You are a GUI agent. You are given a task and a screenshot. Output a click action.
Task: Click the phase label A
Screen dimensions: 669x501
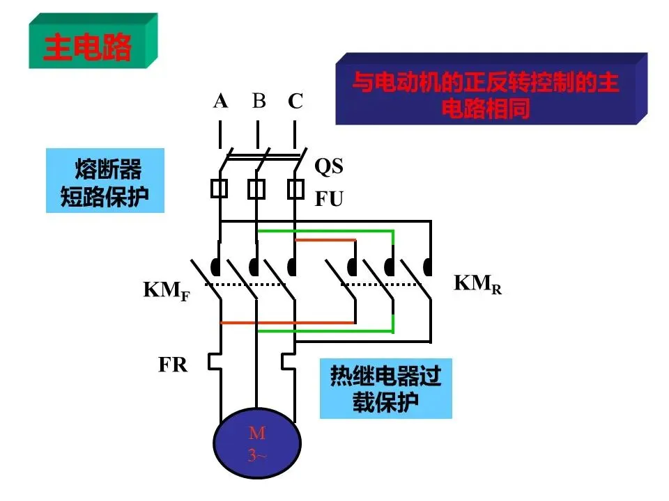pos(220,101)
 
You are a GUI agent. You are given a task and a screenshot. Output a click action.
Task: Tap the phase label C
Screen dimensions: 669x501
pos(295,101)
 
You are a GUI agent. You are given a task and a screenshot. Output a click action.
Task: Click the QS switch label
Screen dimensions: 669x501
pos(328,166)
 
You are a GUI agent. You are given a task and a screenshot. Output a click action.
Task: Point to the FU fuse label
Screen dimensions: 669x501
pos(329,198)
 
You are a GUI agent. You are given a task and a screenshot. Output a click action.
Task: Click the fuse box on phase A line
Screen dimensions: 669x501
pos(220,189)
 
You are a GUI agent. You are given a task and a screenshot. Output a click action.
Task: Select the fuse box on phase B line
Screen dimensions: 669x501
pos(256,189)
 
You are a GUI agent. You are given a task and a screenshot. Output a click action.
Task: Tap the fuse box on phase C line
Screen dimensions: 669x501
pos(295,189)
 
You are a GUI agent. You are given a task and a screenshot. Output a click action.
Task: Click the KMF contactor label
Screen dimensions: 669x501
pos(167,291)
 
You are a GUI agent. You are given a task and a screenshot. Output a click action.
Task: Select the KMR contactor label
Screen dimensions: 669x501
pos(477,284)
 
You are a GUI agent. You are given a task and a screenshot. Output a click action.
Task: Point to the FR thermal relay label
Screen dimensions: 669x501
pos(173,365)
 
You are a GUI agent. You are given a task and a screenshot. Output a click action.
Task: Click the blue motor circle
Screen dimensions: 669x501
pos(257,443)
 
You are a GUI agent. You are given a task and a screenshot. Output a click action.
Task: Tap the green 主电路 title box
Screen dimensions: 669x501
pos(93,41)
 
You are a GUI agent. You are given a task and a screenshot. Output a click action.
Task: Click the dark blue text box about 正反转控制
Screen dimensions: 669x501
pos(491,88)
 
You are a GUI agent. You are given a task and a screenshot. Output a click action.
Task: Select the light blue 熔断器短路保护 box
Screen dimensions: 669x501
pos(105,180)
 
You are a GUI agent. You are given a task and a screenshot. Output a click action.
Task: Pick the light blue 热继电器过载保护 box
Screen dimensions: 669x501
pos(385,388)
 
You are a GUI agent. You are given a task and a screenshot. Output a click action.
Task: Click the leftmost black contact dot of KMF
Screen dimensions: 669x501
pos(216,267)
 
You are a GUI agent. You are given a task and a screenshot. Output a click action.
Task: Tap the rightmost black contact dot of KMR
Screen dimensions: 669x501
pos(427,267)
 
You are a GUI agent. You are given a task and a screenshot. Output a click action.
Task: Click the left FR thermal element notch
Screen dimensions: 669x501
pos(215,361)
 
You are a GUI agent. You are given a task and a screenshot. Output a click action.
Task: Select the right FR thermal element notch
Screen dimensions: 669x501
pos(289,361)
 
